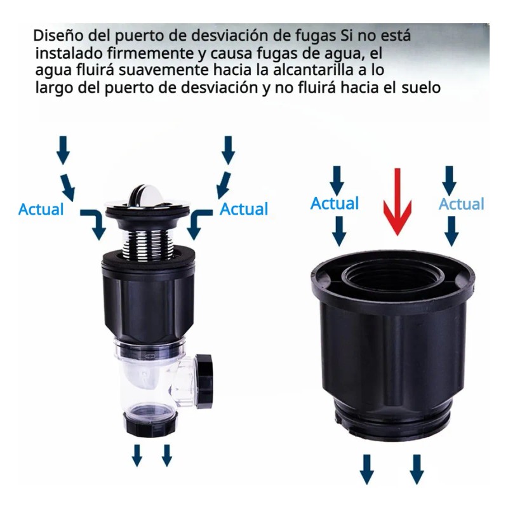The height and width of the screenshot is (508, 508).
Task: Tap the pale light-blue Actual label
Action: pos(462,204)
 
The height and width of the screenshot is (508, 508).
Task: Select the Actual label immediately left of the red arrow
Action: pos(335,204)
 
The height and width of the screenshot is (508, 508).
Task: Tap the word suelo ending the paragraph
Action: pos(421,88)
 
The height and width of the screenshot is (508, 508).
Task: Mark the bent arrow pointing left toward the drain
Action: pos(199,223)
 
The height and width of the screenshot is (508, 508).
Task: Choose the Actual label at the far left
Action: pos(41,209)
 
